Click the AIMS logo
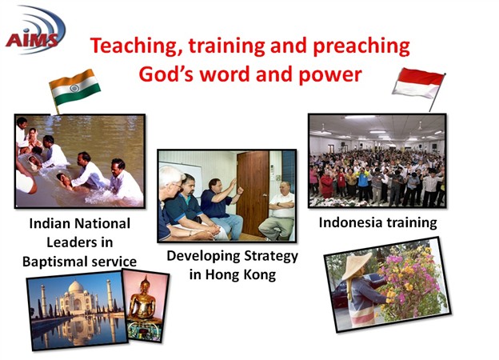pos(35,30)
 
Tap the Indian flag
pos(75,87)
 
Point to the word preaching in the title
pos(361,46)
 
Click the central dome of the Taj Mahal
pos(77,287)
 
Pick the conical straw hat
pos(357,266)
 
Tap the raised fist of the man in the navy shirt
pos(240,190)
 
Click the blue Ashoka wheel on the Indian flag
pos(74,88)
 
